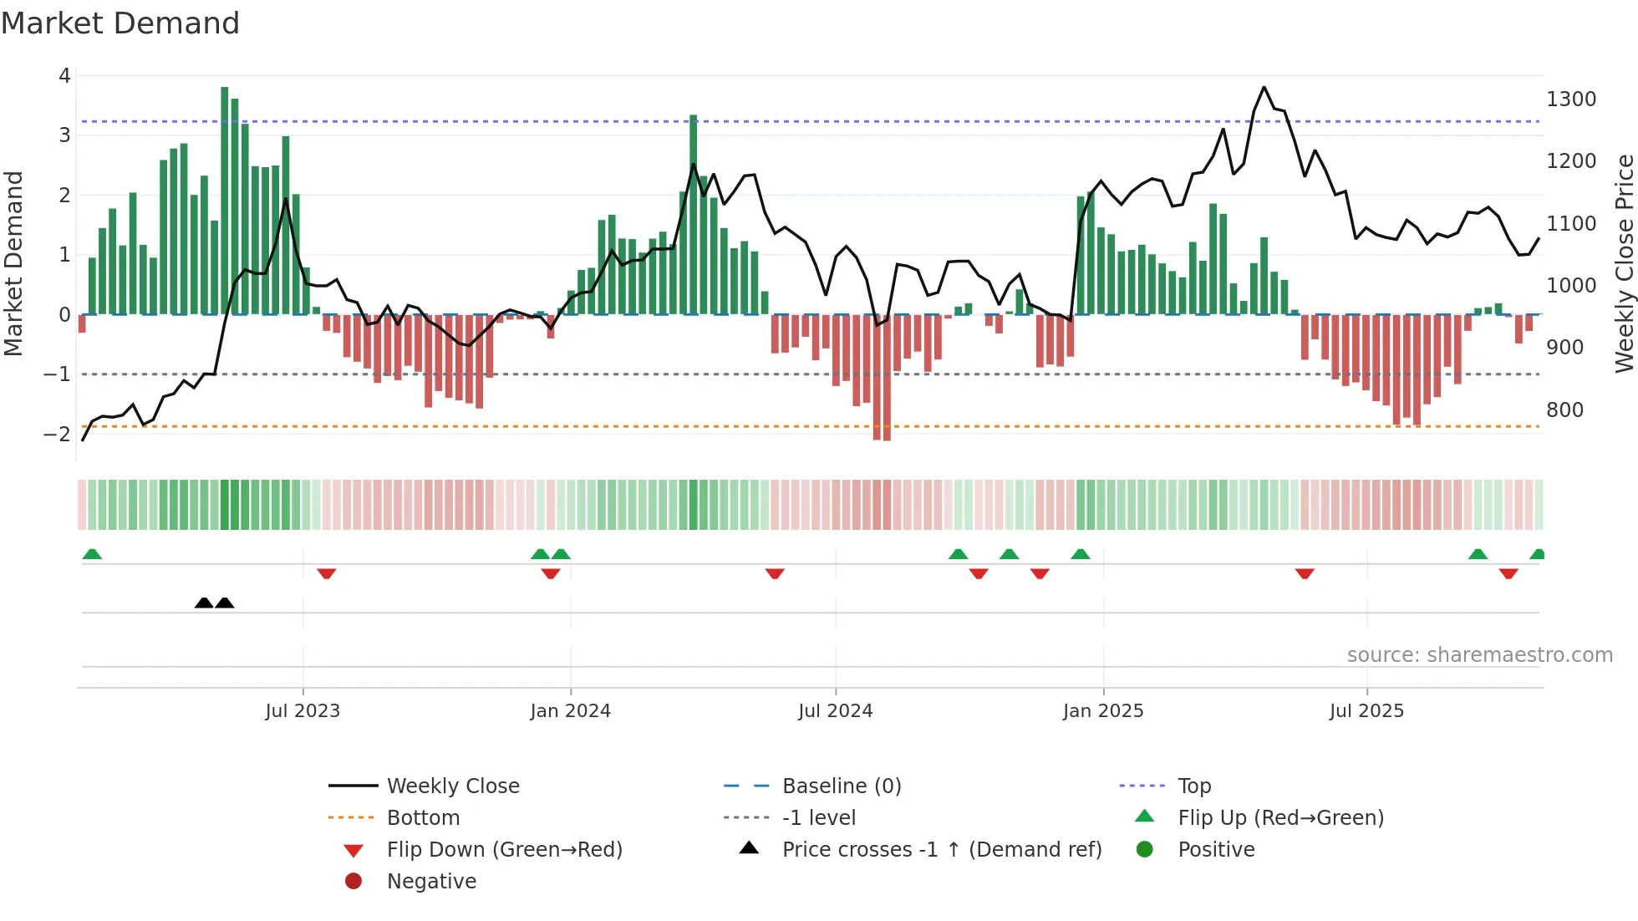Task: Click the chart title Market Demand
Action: [x=120, y=23]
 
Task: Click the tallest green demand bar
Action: [x=224, y=201]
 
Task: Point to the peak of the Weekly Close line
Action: [x=1264, y=87]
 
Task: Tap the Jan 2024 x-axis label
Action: [x=570, y=711]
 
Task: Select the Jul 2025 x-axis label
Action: [x=1366, y=711]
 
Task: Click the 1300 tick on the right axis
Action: [x=1571, y=99]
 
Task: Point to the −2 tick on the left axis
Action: [x=57, y=434]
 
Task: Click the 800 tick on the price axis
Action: [x=1564, y=410]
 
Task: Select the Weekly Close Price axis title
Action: [x=1624, y=263]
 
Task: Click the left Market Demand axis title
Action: [x=13, y=263]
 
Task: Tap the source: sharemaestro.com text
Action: [x=1479, y=655]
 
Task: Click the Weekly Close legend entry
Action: [x=452, y=786]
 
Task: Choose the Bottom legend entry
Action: [x=423, y=818]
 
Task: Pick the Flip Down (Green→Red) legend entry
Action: [x=504, y=850]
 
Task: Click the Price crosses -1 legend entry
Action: [x=941, y=850]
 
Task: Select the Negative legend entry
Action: [x=431, y=882]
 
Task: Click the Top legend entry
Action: [x=1193, y=786]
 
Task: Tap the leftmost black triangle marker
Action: [x=204, y=603]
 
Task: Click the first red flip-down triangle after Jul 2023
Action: [x=327, y=573]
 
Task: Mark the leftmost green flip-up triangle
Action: [x=92, y=554]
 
